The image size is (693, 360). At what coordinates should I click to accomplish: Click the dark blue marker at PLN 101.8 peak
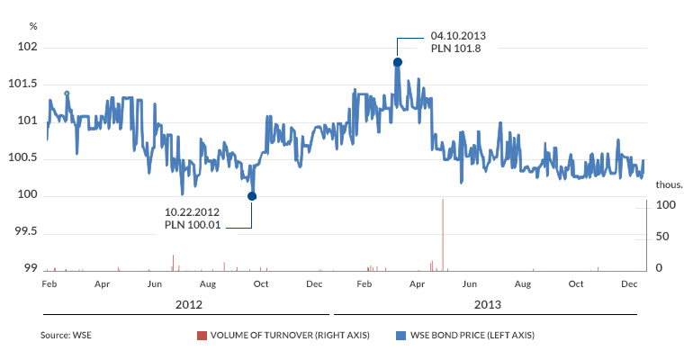tap(397, 62)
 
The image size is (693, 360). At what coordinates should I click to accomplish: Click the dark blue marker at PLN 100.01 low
tap(252, 196)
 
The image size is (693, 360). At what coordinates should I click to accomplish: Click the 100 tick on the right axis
tap(665, 205)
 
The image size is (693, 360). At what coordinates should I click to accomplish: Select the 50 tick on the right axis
tap(662, 237)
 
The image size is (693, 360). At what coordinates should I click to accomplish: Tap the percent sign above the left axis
tap(33, 26)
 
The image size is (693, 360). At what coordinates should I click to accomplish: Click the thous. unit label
tap(669, 184)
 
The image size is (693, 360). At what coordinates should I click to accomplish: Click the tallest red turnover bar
tap(443, 234)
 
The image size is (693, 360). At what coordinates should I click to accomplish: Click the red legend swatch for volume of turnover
tap(202, 336)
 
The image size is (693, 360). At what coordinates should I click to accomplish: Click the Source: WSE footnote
tap(66, 336)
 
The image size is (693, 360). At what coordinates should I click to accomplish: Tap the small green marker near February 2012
tap(67, 93)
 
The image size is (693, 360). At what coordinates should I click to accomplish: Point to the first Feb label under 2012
tap(50, 283)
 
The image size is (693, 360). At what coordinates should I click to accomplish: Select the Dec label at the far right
tap(629, 283)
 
